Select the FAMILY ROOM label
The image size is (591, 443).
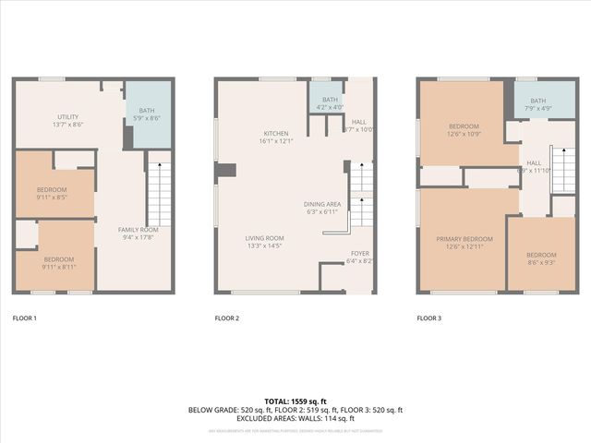138,233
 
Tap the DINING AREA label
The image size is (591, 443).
322,208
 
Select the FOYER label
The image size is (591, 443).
359,257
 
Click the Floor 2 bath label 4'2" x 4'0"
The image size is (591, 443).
330,103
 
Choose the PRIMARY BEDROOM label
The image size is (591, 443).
464,243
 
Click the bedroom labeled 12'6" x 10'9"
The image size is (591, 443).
464,130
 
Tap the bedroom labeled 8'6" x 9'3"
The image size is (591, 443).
541,259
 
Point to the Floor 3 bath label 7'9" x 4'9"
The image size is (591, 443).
538,105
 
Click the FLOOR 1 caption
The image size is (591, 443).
24,318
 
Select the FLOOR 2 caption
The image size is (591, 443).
226,318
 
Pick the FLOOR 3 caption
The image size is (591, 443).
428,318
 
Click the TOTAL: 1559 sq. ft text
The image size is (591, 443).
295,401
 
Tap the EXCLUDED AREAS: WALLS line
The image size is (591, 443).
295,418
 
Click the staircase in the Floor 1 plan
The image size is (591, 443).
159,193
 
